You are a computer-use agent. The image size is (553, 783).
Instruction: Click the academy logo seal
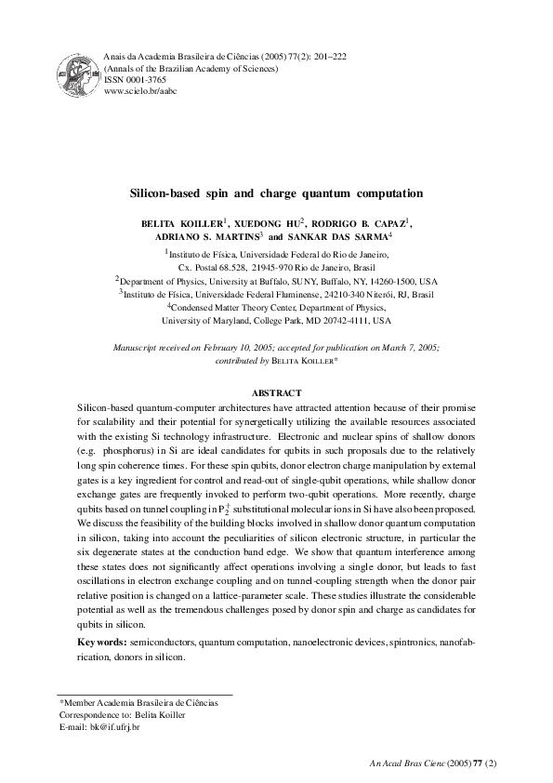click(x=79, y=74)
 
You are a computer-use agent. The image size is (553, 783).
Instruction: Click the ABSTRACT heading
click(x=276, y=418)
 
